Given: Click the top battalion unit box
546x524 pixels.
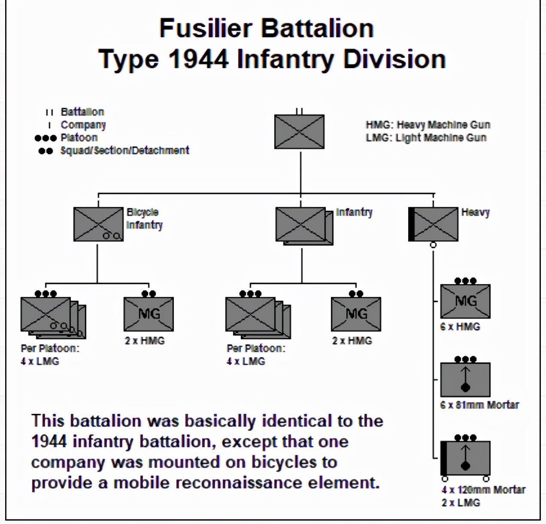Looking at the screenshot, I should (x=299, y=132).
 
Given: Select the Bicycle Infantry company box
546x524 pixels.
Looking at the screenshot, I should (x=98, y=224).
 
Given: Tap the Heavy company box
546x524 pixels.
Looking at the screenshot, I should (x=434, y=224).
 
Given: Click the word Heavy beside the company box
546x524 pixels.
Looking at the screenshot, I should (x=475, y=212).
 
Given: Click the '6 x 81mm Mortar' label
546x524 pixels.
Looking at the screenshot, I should (x=479, y=405).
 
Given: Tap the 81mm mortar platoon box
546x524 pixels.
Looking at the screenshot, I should (x=465, y=379).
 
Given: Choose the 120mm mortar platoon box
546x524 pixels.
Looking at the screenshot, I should (x=465, y=458).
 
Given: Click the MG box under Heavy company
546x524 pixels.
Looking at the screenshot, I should (x=465, y=301).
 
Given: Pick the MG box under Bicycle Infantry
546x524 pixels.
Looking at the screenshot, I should (x=149, y=314).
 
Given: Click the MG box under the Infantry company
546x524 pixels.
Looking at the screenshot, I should (x=356, y=314).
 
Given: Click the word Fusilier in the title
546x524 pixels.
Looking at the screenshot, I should (x=206, y=28).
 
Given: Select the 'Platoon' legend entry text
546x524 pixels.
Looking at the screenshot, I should (x=79, y=138).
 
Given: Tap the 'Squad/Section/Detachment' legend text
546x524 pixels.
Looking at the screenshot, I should (x=124, y=151).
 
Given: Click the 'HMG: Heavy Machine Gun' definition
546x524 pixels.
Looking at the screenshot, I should (x=428, y=125).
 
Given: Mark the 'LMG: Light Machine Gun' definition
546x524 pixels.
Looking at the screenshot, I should (x=426, y=138).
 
